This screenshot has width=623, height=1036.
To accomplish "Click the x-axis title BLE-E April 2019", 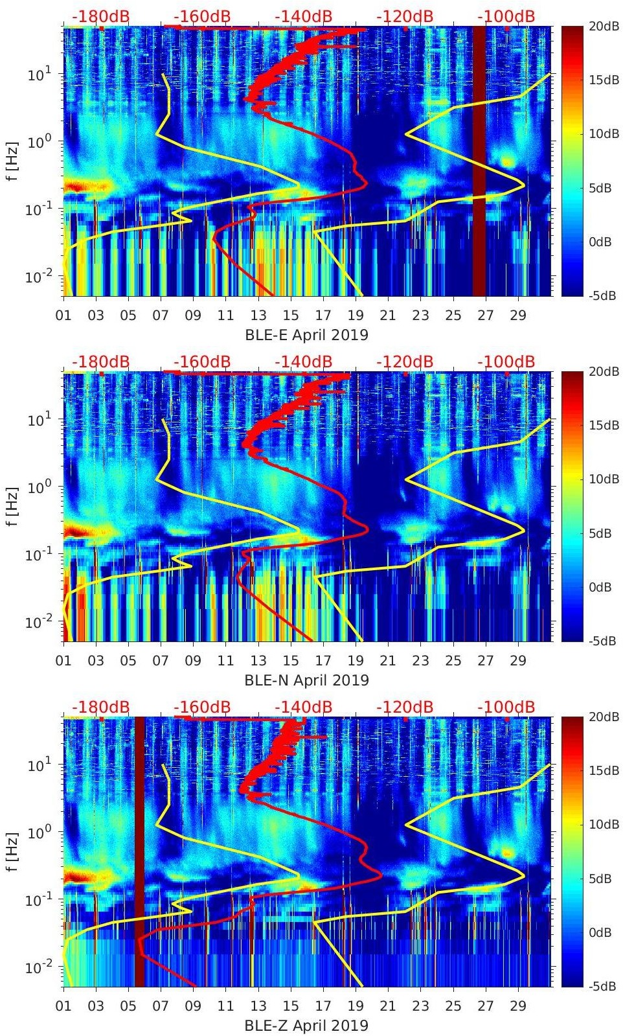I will (x=306, y=335).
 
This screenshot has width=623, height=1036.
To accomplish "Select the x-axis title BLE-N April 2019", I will (x=306, y=680).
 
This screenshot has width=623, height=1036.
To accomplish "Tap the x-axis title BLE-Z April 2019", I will (x=306, y=1026).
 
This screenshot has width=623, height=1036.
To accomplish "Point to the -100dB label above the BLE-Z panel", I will (x=506, y=707).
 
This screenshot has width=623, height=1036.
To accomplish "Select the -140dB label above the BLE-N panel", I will (x=303, y=362).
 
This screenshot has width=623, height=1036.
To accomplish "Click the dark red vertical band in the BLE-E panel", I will (x=479, y=162).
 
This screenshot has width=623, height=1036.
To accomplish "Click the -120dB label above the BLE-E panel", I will (x=405, y=16).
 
